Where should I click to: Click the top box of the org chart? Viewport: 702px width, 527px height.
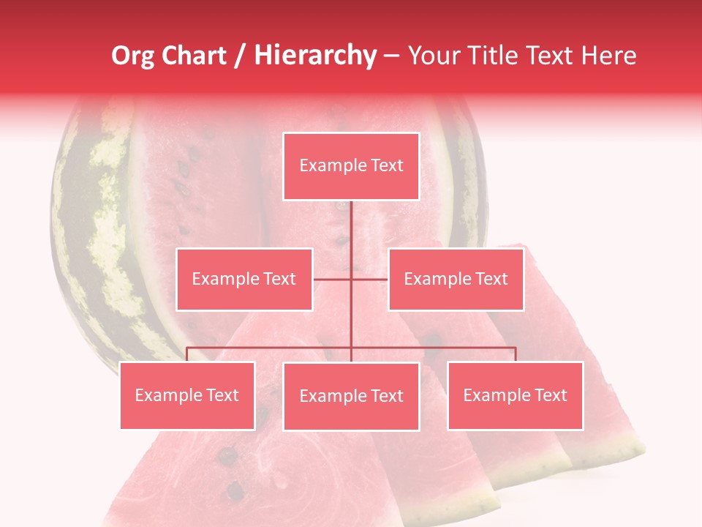(351, 166)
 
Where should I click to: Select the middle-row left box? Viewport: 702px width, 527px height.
(244, 279)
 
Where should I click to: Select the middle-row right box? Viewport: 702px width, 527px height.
(456, 279)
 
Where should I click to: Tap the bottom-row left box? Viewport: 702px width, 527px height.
(187, 395)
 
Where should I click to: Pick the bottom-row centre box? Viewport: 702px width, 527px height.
(351, 396)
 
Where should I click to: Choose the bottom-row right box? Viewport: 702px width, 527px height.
(515, 395)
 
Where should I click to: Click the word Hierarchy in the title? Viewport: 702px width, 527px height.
(314, 56)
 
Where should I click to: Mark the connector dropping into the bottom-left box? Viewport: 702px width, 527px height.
(187, 354)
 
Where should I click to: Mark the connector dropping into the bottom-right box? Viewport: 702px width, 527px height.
(515, 354)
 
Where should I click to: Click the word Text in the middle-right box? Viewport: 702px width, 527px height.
(491, 279)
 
